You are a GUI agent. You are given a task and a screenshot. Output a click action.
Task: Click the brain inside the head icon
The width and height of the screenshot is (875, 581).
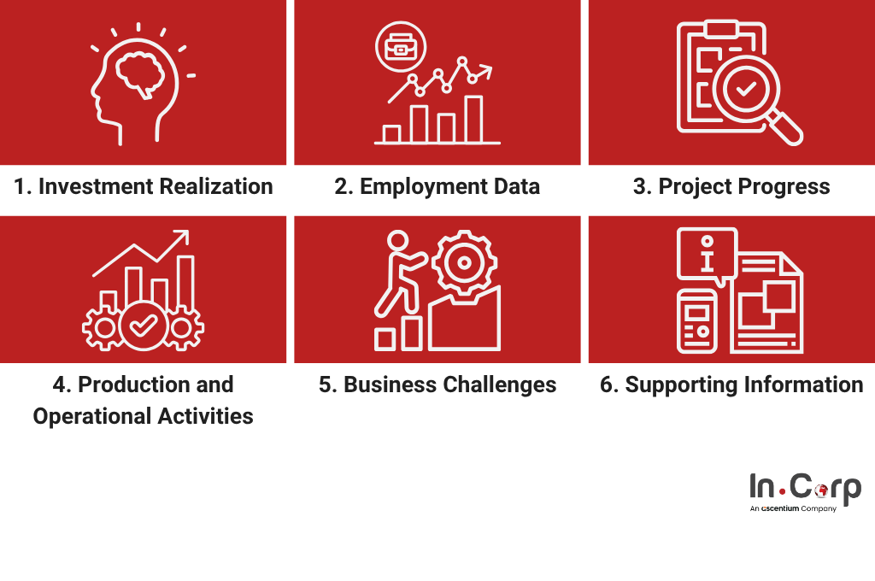click(x=139, y=74)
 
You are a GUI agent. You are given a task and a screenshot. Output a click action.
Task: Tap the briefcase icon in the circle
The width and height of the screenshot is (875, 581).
click(x=401, y=47)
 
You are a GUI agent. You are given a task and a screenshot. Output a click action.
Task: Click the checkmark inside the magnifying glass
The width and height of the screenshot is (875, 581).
click(x=745, y=88)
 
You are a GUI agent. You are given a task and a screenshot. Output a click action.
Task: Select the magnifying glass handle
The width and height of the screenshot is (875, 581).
click(x=786, y=128)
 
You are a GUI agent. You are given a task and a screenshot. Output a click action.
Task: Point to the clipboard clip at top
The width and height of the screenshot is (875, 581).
click(x=721, y=29)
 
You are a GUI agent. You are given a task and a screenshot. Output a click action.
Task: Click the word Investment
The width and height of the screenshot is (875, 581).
click(x=93, y=186)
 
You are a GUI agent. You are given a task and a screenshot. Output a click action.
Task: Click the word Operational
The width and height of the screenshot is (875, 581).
click(x=92, y=416)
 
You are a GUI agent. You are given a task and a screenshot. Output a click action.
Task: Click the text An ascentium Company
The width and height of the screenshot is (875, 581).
click(x=793, y=508)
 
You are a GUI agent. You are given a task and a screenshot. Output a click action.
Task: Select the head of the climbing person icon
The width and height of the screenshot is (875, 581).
click(x=398, y=241)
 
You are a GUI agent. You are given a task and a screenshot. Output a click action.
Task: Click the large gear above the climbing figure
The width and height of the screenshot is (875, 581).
click(x=464, y=262)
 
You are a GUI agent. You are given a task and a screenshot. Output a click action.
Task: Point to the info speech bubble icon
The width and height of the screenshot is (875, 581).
click(x=707, y=255)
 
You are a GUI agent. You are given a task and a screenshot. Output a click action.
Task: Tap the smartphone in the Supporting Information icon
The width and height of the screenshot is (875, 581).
click(x=697, y=321)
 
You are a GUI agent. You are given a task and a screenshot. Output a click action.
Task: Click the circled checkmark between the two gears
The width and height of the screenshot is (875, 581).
click(x=143, y=326)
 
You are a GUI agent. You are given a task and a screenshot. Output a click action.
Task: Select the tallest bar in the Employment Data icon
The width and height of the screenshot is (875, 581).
click(x=473, y=120)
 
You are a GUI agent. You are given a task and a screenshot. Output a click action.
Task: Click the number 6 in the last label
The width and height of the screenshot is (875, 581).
click(x=607, y=384)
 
